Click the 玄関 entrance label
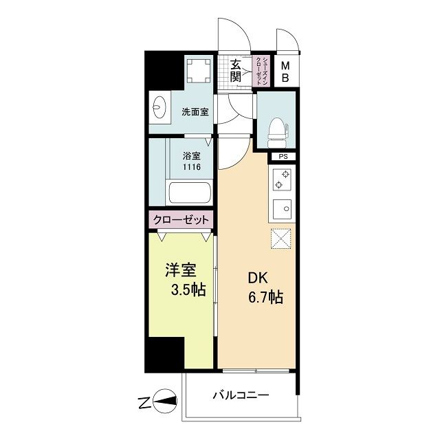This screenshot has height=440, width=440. coord(236,71)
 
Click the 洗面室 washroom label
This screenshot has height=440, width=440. coord(195,111)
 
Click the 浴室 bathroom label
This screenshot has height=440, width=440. coord(192,155)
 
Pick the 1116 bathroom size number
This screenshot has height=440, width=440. coord(192,167)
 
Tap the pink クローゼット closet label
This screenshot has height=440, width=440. coord(181,220)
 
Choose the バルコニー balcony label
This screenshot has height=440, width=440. coord(241,395)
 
